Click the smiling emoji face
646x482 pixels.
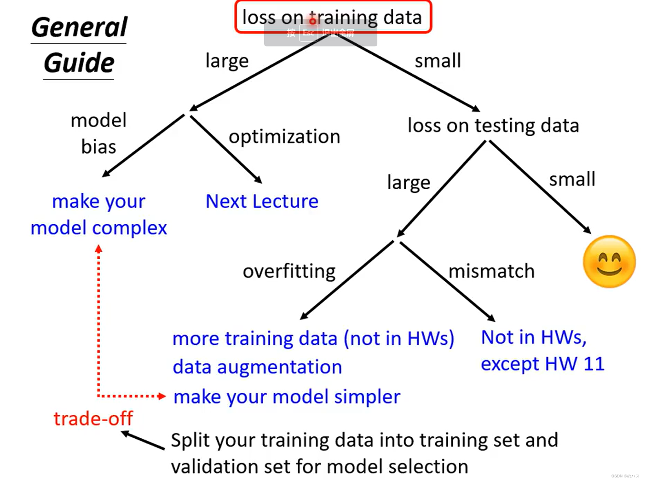[x=609, y=262]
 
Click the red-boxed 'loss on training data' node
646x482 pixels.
[x=333, y=17]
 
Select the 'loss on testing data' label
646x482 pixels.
[x=493, y=126]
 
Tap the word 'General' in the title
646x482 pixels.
[x=79, y=27]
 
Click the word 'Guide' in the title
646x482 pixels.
[x=79, y=63]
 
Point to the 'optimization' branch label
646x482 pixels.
[x=284, y=137]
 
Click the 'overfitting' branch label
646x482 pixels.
[x=289, y=271]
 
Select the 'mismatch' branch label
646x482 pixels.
[x=491, y=271]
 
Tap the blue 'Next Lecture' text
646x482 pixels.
[x=262, y=201]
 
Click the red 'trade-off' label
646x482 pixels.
[x=93, y=418]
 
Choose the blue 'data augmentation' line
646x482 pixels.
[x=257, y=367]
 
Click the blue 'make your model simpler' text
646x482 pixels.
[x=287, y=397]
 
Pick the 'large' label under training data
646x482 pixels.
[x=227, y=61]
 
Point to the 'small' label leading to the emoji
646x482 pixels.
[x=572, y=179]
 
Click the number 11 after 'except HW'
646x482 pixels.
[x=594, y=364]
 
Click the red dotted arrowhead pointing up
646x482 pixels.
[x=98, y=249]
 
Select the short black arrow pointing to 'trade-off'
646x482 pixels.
[x=143, y=440]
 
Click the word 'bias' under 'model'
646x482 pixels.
[x=98, y=147]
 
